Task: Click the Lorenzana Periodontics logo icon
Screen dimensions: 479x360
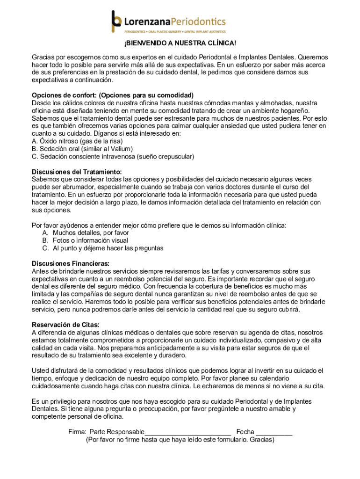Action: pyautogui.click(x=116, y=22)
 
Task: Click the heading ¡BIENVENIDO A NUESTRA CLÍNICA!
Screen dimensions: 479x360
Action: pyautogui.click(x=180, y=44)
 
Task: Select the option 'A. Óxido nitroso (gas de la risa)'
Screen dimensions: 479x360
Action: pyautogui.click(x=77, y=141)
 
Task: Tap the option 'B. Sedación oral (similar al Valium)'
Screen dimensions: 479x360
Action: pyautogui.click(x=79, y=149)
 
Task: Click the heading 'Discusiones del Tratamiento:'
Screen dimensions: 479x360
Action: pyautogui.click(x=77, y=172)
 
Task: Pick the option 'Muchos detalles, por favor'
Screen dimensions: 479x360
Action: pyautogui.click(x=91, y=232)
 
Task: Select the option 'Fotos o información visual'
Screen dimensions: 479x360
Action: pyautogui.click(x=90, y=240)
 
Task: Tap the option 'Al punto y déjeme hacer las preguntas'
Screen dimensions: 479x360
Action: pyautogui.click(x=108, y=248)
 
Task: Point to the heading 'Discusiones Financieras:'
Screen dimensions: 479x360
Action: pyautogui.click(x=71, y=263)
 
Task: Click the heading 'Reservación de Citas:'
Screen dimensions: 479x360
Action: pyautogui.click(x=65, y=325)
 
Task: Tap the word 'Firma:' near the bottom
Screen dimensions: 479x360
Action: pyautogui.click(x=78, y=432)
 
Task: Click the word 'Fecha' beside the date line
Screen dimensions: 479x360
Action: pyautogui.click(x=245, y=432)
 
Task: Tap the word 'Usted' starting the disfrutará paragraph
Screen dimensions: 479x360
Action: pyautogui.click(x=41, y=370)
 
